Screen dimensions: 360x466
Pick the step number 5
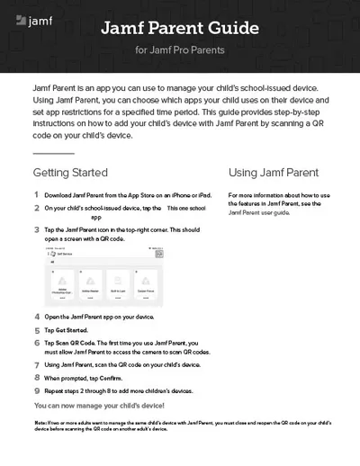36,331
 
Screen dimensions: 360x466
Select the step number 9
36,391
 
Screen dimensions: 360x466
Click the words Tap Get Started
64,331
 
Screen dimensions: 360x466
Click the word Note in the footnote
40,422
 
